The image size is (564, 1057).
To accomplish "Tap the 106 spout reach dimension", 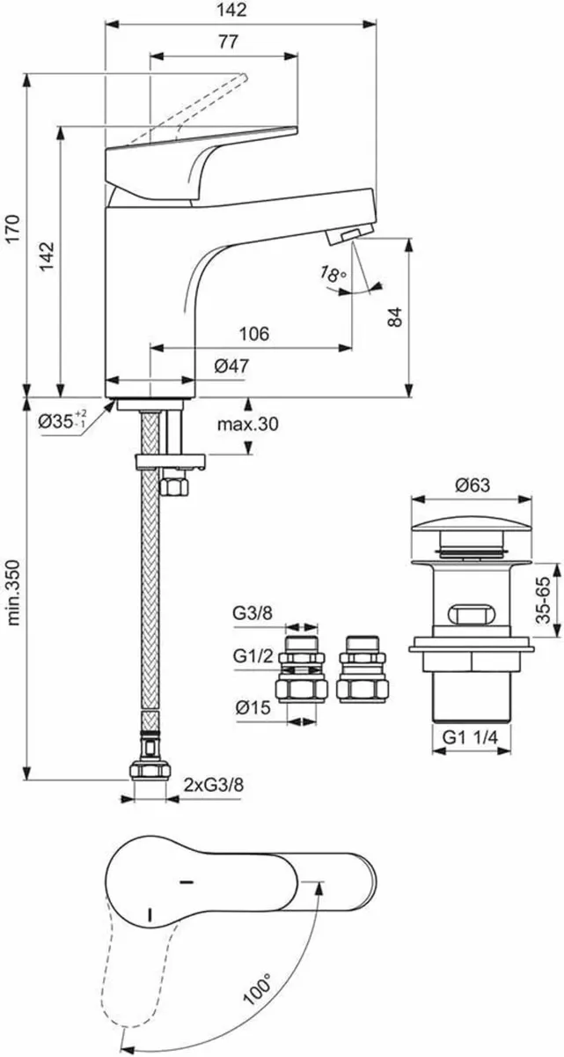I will (253, 334).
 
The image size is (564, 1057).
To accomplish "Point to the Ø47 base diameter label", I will (230, 366).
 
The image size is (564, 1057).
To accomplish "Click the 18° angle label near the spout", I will (332, 275).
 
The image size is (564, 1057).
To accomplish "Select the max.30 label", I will (247, 425).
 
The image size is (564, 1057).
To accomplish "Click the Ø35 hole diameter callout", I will (62, 420).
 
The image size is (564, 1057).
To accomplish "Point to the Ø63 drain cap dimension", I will (472, 484).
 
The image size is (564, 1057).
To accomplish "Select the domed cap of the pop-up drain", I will (472, 528).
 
